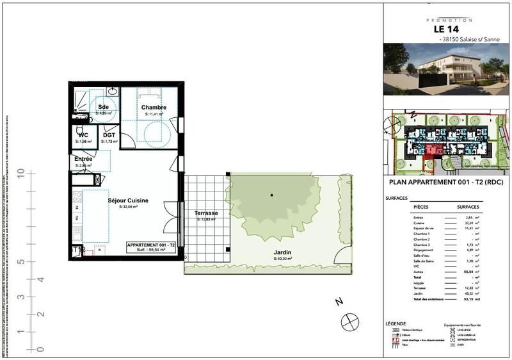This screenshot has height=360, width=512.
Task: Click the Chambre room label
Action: [154, 107]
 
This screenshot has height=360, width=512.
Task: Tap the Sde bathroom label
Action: [104, 106]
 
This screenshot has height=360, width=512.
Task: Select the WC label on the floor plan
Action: [83, 135]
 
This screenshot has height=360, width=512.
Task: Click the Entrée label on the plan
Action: [83, 159]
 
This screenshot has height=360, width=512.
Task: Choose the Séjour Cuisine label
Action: [128, 200]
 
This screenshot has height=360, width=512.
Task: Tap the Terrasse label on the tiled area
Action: [206, 213]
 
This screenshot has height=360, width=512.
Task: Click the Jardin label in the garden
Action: [282, 252]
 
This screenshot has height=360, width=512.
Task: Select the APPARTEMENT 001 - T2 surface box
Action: [146, 249]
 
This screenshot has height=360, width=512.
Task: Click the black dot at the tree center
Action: [272, 195]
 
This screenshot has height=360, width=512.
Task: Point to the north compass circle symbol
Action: [350, 322]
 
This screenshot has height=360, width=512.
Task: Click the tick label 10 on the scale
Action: [21, 173]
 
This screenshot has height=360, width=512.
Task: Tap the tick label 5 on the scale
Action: [21, 261]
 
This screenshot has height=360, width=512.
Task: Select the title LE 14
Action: [447, 29]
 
